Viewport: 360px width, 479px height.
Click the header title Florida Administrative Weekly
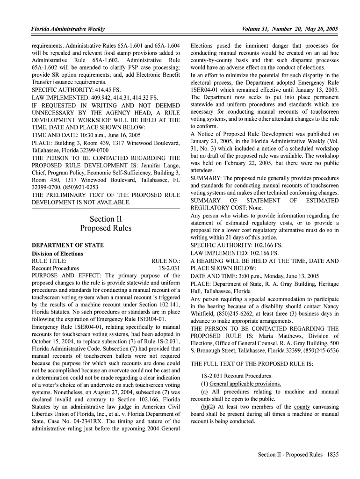pos(68,29)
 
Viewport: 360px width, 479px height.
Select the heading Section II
pos(106,219)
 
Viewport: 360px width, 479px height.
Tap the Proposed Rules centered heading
pos(106,228)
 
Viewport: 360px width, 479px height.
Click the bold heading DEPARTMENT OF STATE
pos(67,245)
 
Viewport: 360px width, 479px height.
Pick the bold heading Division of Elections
pos(57,254)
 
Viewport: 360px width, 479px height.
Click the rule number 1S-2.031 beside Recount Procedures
pos(169,269)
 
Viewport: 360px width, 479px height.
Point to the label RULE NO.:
pos(166,261)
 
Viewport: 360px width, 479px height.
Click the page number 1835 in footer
pos(333,454)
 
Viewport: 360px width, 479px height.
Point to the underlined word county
pos(302,406)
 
